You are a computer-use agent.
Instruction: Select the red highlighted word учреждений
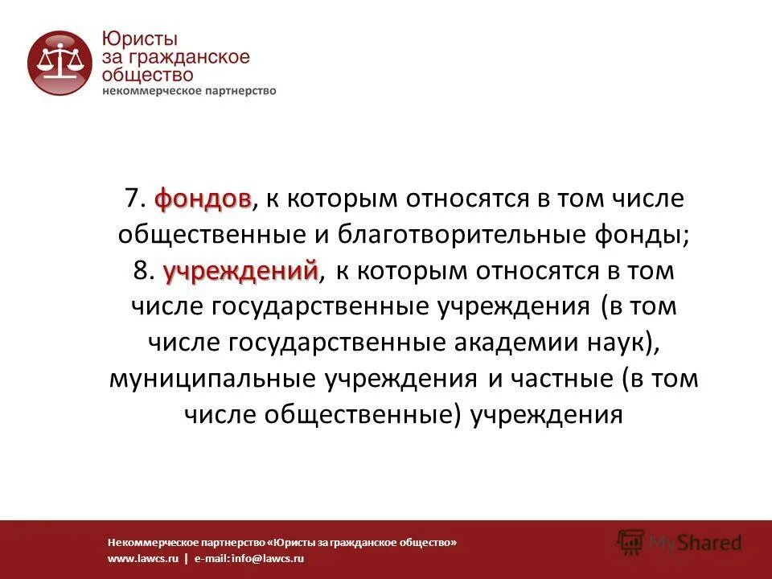tap(241, 271)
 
